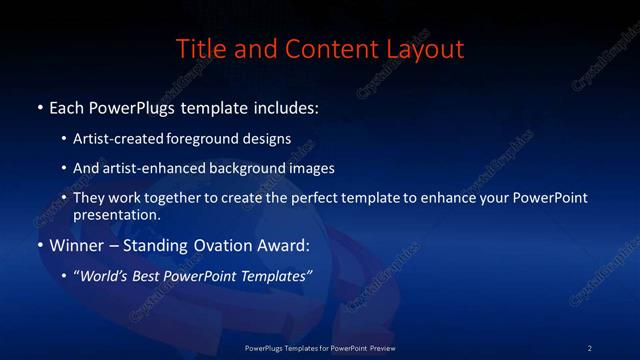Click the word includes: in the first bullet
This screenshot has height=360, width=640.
pyautogui.click(x=284, y=107)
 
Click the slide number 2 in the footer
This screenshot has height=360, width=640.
pyautogui.click(x=589, y=348)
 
